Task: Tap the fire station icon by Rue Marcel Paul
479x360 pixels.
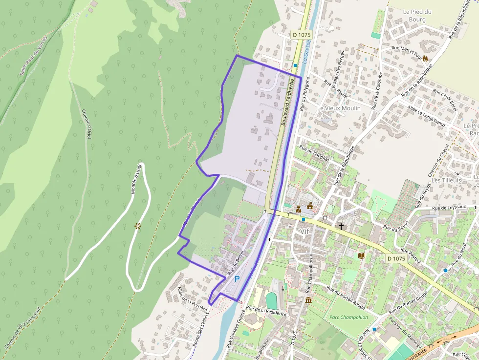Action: pyautogui.click(x=425, y=58)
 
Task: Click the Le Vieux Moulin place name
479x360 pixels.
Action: pyautogui.click(x=339, y=108)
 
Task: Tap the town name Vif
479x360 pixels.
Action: pyautogui.click(x=305, y=231)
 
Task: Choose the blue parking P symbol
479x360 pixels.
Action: pyautogui.click(x=237, y=279)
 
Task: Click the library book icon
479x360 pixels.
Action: pyautogui.click(x=362, y=255)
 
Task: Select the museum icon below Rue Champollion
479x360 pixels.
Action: pyautogui.click(x=308, y=299)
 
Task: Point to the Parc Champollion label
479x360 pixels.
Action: pyautogui.click(x=349, y=317)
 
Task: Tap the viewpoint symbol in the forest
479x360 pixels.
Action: pyautogui.click(x=138, y=226)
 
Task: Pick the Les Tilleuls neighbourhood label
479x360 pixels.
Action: pyautogui.click(x=446, y=180)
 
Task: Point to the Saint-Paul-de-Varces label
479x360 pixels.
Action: pyautogui.click(x=33, y=55)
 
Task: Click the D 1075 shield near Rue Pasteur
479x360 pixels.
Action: pyautogui.click(x=396, y=258)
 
